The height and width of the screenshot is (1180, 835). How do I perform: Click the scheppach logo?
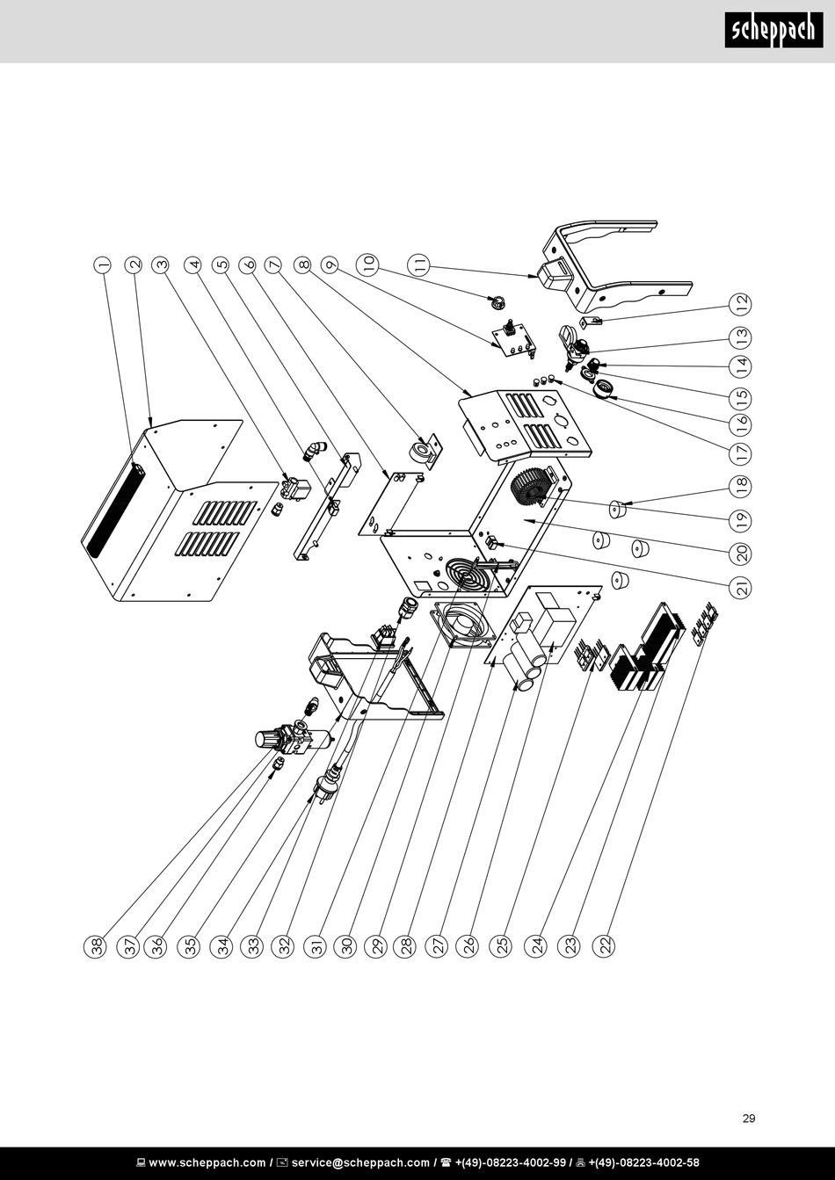pos(773,30)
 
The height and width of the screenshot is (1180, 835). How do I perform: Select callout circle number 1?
pos(103,265)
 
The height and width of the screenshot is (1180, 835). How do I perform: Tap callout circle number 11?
pos(420,264)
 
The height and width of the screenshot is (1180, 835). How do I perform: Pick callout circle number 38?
pos(95,946)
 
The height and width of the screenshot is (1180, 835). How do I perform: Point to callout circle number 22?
pos(604,946)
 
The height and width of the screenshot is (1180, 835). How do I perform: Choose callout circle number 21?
pos(741,587)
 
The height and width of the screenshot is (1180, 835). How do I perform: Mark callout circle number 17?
pos(741,452)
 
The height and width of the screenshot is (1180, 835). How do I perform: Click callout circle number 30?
pos(345,946)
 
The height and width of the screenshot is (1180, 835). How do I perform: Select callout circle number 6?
pos(250,265)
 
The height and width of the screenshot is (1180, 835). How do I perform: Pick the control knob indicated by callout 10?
pos(497,303)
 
